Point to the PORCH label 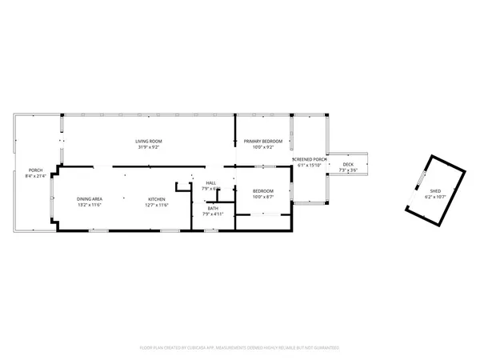pyautogui.click(x=35, y=170)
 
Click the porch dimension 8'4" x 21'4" pyautogui.click(x=35, y=175)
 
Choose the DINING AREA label pyautogui.click(x=89, y=199)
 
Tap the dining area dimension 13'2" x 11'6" pyautogui.click(x=89, y=205)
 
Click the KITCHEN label pyautogui.click(x=156, y=199)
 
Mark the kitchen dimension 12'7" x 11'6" pyautogui.click(x=156, y=205)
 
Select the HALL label pyautogui.click(x=211, y=183)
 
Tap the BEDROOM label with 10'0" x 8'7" pyautogui.click(x=263, y=191)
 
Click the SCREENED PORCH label pyautogui.click(x=310, y=159)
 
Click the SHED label pyautogui.click(x=435, y=191)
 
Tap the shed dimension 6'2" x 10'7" pyautogui.click(x=435, y=197)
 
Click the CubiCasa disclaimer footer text pyautogui.click(x=240, y=348)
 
